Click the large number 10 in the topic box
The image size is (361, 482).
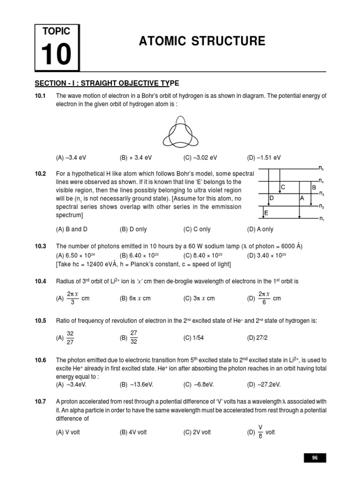tap(56, 54)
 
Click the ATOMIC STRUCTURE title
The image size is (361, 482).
tap(202, 41)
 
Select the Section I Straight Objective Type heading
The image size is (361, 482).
tap(107, 83)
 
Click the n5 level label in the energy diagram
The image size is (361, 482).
tap(321, 168)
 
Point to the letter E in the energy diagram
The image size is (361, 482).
tap(266, 213)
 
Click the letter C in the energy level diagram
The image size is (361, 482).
tap(283, 187)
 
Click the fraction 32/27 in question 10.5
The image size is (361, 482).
tap(71, 337)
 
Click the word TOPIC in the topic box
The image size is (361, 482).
tap(56, 32)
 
